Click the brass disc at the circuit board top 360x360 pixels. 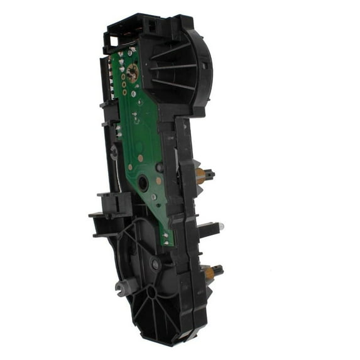(x=133, y=69)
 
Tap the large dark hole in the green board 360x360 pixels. (x=143, y=183)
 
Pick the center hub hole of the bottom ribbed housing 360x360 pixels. (x=151, y=292)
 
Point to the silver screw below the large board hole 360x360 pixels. (x=153, y=197)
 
